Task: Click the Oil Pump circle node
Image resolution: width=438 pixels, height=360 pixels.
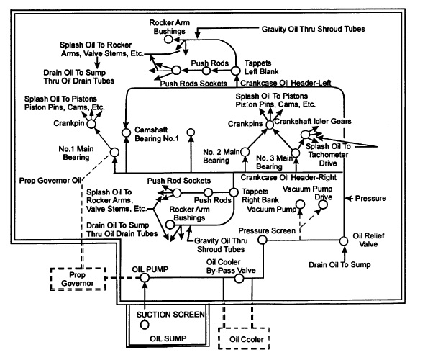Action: coord(145,277)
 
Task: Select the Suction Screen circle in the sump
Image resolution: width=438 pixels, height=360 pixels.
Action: coord(145,325)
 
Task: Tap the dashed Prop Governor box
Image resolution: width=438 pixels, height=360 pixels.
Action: coord(78,279)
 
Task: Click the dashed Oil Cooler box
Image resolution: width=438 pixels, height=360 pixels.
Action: coord(244,338)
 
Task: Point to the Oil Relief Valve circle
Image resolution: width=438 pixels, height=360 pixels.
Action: coord(344,240)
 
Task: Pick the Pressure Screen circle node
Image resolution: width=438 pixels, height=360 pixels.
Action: coord(262,240)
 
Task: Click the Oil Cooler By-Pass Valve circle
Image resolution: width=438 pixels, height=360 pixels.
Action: coord(239,279)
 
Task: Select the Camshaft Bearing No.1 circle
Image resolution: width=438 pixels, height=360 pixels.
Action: coord(127,132)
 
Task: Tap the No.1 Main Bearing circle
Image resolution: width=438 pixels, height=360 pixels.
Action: coord(114,153)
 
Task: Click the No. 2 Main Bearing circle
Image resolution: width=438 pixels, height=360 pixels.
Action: coord(245,152)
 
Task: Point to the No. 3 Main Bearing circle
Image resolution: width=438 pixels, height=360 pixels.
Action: coord(296,153)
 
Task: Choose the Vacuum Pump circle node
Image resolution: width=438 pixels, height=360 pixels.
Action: coord(301,204)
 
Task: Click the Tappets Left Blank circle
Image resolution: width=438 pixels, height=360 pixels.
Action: coord(235,71)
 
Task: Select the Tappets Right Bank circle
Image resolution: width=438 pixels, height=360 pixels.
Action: coord(234,192)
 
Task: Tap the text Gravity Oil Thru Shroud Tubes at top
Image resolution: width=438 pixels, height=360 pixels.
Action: coord(313,29)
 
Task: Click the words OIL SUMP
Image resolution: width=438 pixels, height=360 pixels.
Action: coord(168,338)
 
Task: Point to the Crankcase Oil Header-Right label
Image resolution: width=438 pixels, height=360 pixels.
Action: coord(288,178)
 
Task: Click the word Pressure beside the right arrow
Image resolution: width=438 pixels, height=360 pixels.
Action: coord(370,198)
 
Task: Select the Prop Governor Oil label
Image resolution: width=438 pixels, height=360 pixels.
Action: coord(50,181)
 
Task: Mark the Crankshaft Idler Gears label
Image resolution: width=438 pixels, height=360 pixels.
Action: coord(313,121)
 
